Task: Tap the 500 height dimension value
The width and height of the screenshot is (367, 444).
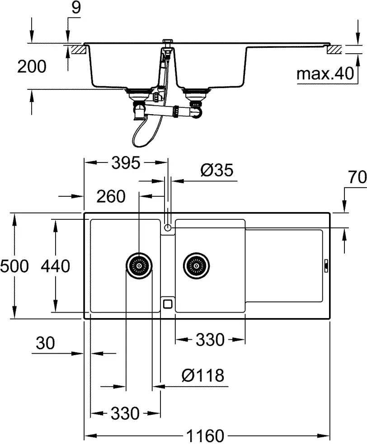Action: [x=14, y=266]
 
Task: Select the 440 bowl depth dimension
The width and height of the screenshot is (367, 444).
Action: [x=55, y=266]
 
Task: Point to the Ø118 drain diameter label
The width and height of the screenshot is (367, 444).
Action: [x=202, y=375]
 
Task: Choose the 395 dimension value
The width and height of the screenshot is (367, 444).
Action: [x=126, y=163]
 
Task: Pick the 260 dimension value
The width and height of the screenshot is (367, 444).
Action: [x=110, y=196]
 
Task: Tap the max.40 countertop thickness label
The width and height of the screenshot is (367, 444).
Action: [x=325, y=74]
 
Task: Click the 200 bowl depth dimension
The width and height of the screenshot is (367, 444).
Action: [x=32, y=67]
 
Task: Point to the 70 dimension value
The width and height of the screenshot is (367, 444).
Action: [x=358, y=178]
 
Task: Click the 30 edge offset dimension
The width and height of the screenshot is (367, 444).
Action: [x=45, y=343]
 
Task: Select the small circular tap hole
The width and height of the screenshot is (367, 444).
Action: [x=168, y=228]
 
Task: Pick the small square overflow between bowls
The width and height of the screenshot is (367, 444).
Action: [x=168, y=302]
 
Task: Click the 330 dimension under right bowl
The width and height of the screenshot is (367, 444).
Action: [x=210, y=340]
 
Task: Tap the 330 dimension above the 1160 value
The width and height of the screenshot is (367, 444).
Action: [x=125, y=413]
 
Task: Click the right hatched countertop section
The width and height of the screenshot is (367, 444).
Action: [x=336, y=49]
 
